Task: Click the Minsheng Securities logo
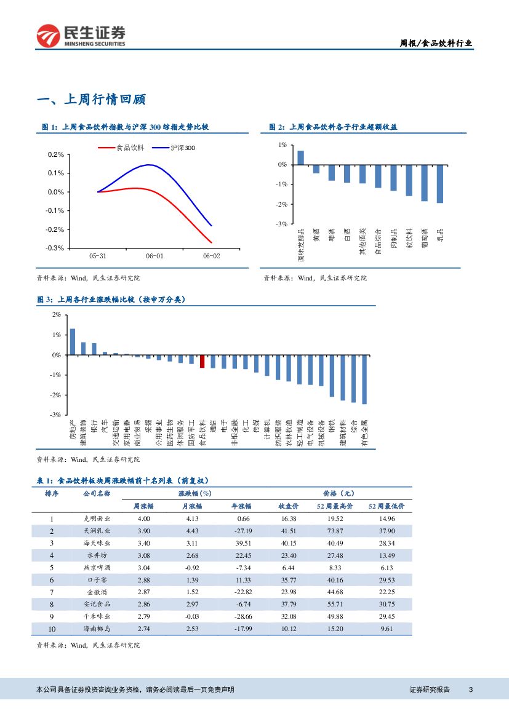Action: [x=81, y=36]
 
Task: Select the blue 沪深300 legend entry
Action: [x=175, y=148]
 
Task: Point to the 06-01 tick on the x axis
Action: [x=154, y=256]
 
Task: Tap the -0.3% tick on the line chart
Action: [x=55, y=248]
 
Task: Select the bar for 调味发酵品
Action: [x=300, y=157]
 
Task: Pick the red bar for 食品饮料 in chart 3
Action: [x=202, y=361]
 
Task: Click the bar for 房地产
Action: [x=72, y=342]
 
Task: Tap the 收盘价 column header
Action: [x=289, y=506]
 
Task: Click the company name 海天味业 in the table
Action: [x=97, y=543]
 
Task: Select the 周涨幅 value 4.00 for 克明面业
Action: [x=144, y=519]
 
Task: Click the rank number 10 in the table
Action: [x=52, y=629]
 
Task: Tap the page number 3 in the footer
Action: [x=470, y=689]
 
